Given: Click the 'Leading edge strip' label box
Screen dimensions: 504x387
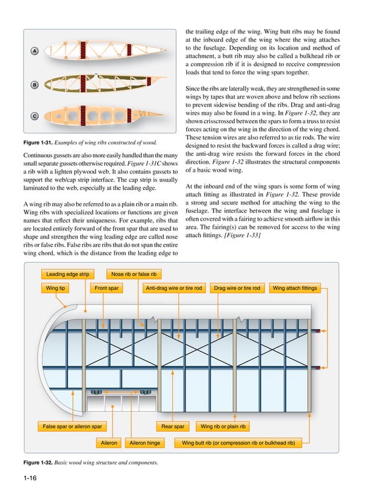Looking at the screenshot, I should pyautogui.click(x=67, y=274).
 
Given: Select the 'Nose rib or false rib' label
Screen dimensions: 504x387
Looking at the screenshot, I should pyautogui.click(x=134, y=274).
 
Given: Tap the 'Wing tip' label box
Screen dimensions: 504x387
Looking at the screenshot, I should pyautogui.click(x=55, y=288).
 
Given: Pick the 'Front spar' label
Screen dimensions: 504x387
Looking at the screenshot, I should pyautogui.click(x=106, y=288).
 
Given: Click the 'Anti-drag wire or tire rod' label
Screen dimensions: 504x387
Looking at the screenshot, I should pyautogui.click(x=174, y=288).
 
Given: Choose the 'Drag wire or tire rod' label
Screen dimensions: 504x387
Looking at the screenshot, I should pyautogui.click(x=237, y=288).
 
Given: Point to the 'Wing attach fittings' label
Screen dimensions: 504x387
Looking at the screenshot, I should pyautogui.click(x=295, y=288).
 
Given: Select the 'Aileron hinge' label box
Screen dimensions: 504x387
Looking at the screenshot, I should pyautogui.click(x=146, y=443).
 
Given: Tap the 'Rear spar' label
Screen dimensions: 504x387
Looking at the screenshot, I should pyautogui.click(x=173, y=427).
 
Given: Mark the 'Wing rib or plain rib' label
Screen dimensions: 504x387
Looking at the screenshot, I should pyautogui.click(x=223, y=427).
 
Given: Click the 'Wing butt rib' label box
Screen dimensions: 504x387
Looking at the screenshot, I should pyautogui.click(x=238, y=443).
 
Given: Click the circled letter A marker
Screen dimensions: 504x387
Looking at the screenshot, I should pyautogui.click(x=35, y=52).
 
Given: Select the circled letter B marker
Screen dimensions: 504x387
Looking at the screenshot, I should pyautogui.click(x=35, y=84).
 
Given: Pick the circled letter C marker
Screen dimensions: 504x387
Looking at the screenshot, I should pyautogui.click(x=35, y=116).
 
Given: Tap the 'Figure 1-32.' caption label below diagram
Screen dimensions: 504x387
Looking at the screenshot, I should pyautogui.click(x=32, y=463).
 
